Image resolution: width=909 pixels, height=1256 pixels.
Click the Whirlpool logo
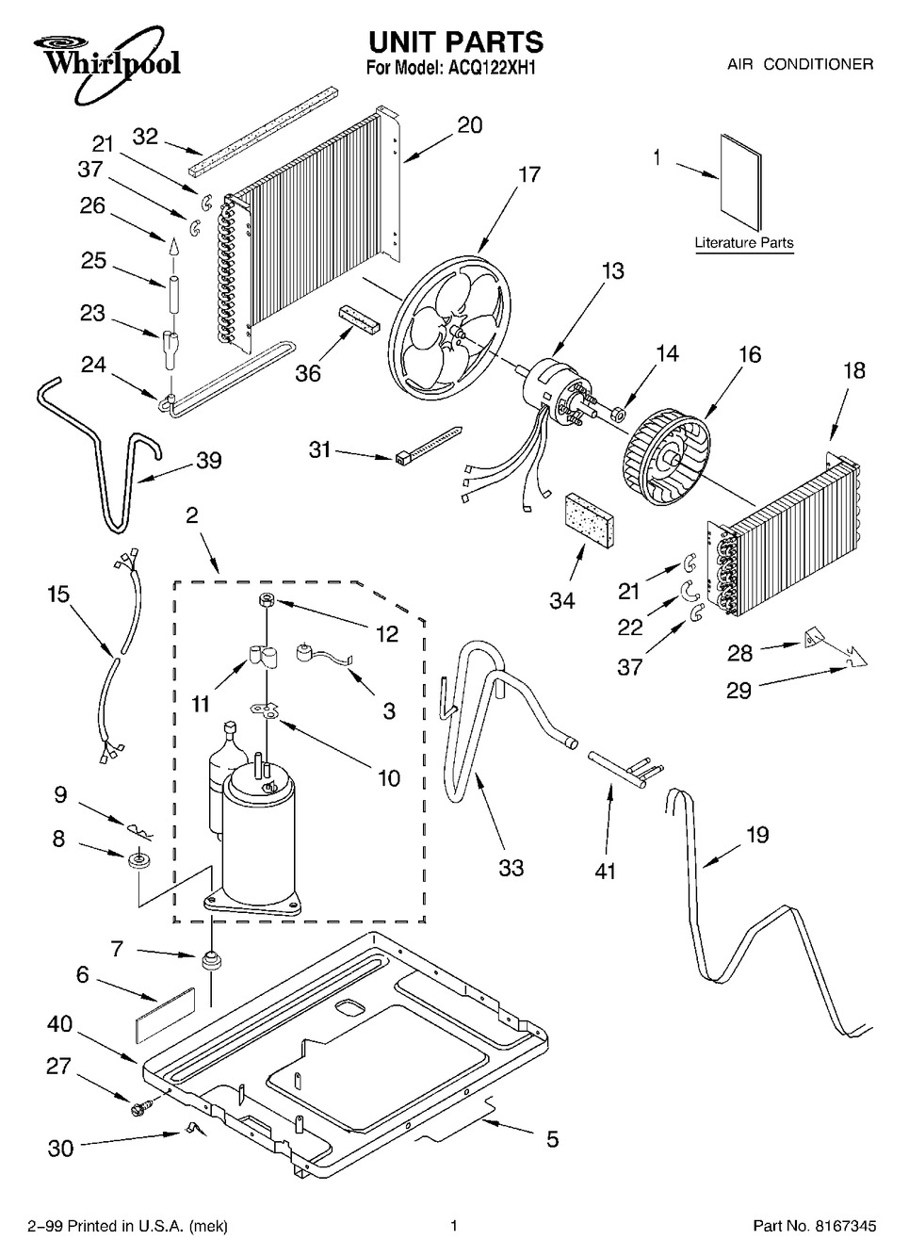point(107,62)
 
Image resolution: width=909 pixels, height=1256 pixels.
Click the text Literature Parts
point(743,243)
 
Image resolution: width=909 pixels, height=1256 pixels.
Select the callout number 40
point(59,1024)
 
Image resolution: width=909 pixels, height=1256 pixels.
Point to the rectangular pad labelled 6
point(165,1015)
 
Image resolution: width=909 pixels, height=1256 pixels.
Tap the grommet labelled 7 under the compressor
point(211,959)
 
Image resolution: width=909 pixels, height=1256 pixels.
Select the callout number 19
point(757,835)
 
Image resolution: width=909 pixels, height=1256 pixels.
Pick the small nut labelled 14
point(622,416)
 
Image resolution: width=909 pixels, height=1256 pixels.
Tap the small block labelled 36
point(359,319)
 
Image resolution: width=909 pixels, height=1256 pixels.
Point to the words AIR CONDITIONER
point(801,64)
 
